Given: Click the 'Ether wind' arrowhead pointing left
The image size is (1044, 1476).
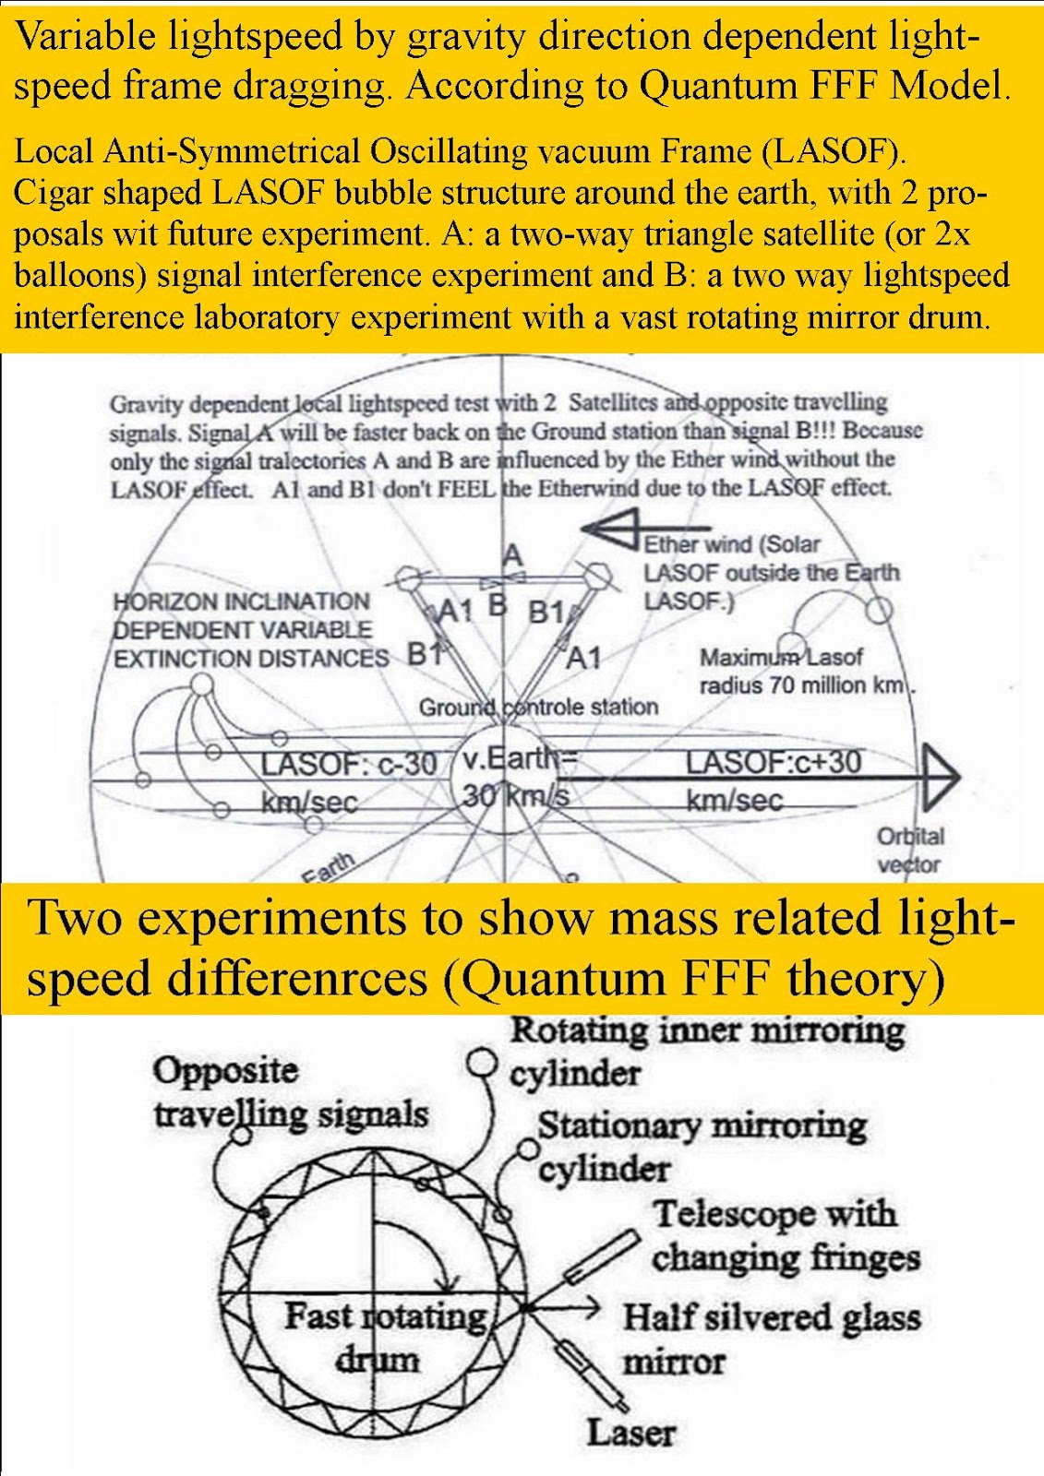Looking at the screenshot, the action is [x=609, y=531].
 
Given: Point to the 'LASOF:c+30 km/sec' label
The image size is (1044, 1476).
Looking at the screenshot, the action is [x=773, y=780].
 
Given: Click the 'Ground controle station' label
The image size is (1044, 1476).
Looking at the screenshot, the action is [x=538, y=708].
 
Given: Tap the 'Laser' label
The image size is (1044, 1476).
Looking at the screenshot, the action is [x=630, y=1434].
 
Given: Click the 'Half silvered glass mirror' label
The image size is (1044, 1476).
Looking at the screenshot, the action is [x=771, y=1339].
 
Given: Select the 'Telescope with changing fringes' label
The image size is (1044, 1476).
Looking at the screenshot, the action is [x=786, y=1235].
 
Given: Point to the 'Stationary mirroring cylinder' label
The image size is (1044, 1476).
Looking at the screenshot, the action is [x=702, y=1147].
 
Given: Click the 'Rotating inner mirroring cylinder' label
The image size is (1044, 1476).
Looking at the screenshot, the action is [x=706, y=1052].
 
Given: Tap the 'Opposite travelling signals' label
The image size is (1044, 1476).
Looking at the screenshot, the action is [x=291, y=1092].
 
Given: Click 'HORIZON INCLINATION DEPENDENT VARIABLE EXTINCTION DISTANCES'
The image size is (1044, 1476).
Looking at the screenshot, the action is [x=250, y=630].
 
